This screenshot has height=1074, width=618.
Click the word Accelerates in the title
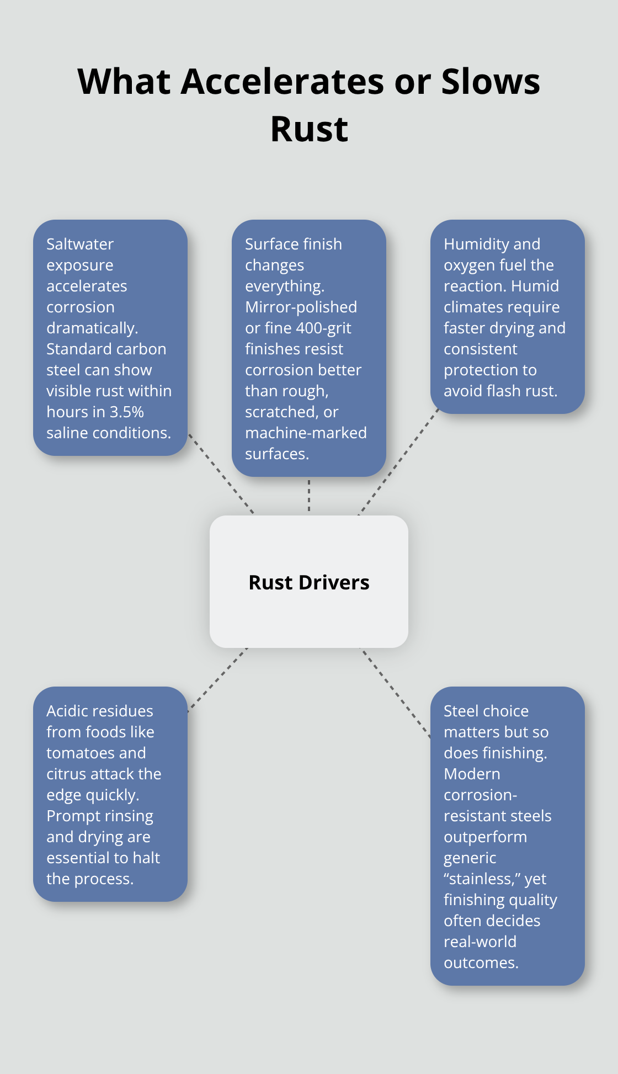(283, 82)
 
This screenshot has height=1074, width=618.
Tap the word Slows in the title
(491, 82)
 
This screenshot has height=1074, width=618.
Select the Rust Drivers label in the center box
(309, 582)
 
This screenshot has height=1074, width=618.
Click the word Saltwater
(80, 244)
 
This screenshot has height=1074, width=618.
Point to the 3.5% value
(126, 412)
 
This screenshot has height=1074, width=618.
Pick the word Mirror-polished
(301, 307)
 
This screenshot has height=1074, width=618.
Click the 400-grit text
(323, 328)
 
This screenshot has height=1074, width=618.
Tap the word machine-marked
(306, 433)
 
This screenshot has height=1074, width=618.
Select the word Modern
(472, 774)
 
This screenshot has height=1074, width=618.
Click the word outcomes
(481, 963)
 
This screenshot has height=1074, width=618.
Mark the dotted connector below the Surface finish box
(309, 496)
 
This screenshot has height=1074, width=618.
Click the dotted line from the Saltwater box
(221, 474)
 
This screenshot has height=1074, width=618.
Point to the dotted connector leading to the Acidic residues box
(217, 679)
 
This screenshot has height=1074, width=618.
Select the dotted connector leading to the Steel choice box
(396, 693)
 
